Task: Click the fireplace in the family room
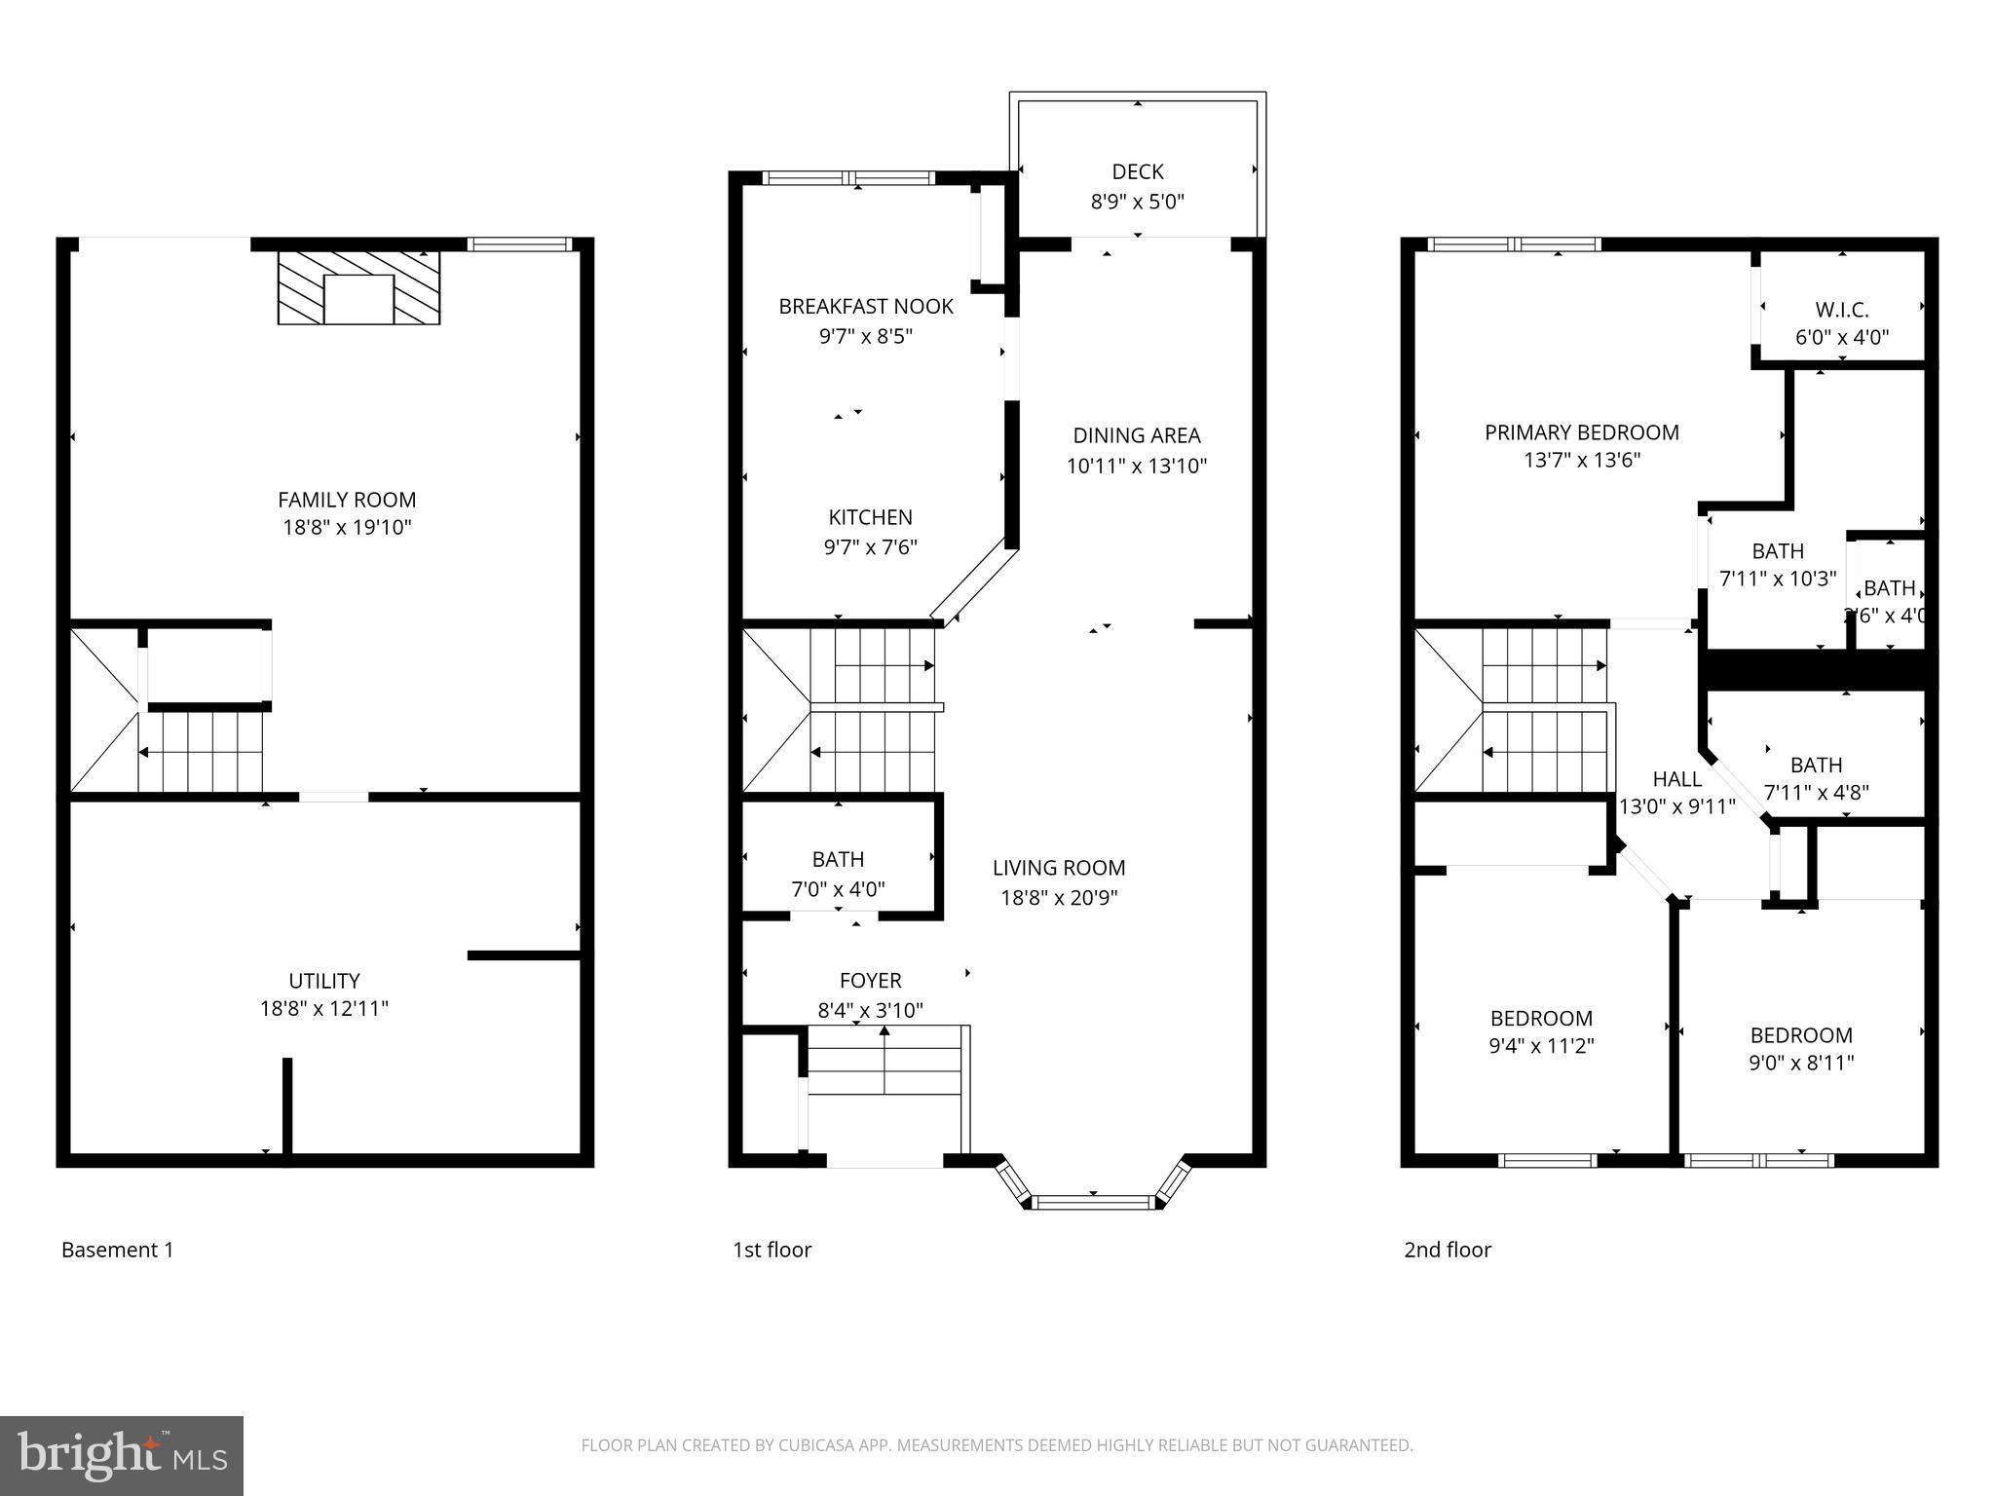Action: click(358, 287)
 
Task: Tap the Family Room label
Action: click(347, 500)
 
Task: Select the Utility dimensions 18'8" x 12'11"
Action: click(324, 1008)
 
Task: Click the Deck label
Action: click(1137, 171)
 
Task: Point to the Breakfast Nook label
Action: click(866, 306)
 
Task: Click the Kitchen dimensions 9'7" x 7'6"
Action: click(870, 546)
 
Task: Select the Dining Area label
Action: click(1136, 435)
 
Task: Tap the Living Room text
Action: click(1059, 868)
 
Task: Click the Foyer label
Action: click(870, 980)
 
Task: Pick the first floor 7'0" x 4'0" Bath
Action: click(838, 873)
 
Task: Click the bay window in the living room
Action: click(1093, 1201)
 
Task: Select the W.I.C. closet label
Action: click(1841, 310)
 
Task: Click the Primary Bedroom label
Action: click(1581, 432)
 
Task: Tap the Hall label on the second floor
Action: click(1676, 778)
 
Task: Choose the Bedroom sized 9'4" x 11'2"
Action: click(1541, 1031)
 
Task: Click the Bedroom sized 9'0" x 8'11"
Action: click(1800, 1048)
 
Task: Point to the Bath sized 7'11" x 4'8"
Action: click(1816, 778)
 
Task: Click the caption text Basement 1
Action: click(118, 1250)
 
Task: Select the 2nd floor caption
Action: click(1447, 1250)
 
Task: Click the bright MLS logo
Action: click(122, 1455)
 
